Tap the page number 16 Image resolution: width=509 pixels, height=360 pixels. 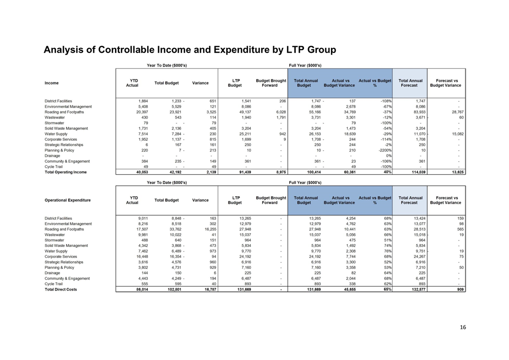463,327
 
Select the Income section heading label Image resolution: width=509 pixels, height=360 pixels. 51,83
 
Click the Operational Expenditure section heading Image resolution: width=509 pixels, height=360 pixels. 68,200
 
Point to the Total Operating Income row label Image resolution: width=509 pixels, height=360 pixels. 66,172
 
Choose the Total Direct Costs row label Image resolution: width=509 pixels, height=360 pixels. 61,289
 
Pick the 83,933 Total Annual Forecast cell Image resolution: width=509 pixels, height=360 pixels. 419,112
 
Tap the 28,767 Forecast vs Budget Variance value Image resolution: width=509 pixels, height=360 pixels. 458,112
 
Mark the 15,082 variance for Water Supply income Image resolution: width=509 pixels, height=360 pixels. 458,134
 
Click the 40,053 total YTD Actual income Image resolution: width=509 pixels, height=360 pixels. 142,172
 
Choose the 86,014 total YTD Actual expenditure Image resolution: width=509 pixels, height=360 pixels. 142,289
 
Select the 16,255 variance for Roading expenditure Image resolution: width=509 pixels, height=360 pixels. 210,229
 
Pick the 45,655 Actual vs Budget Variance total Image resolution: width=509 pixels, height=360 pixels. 349,289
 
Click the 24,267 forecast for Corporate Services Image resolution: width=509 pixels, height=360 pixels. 419,257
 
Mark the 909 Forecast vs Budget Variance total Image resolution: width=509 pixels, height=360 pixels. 460,289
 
